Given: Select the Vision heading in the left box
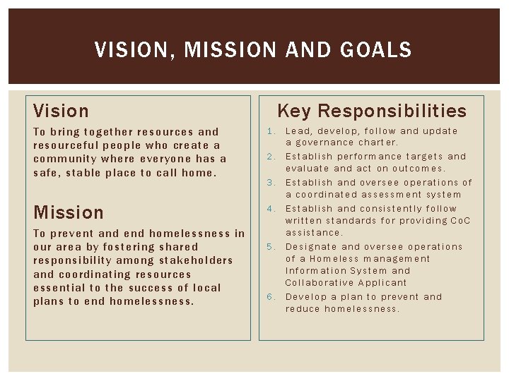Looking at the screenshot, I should pos(62,111).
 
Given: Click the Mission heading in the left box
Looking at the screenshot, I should pos(69,212).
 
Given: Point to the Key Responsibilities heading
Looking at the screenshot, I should pos(372,111).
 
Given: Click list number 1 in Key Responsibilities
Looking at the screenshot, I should pos(270,131).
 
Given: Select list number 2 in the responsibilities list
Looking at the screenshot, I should pos(270,157).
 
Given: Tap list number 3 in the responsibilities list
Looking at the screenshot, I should pos(270,183).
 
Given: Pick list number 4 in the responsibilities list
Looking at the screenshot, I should pos(270,209).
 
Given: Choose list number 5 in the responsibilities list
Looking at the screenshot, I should pos(270,247).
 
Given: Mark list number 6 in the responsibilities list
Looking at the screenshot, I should pos(270,297).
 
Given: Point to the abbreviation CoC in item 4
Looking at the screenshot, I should pos(460,221).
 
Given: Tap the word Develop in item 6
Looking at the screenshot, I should pos(307,297).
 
